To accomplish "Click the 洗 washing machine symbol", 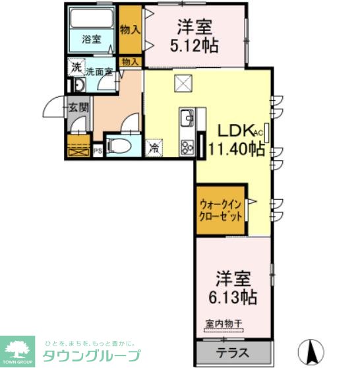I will (x=76, y=67).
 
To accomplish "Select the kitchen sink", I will (x=186, y=119).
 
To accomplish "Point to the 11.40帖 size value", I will (x=237, y=149).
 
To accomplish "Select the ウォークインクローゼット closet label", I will (x=221, y=210).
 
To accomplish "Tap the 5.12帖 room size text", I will (x=194, y=47).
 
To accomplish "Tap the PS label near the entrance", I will (x=97, y=150).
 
